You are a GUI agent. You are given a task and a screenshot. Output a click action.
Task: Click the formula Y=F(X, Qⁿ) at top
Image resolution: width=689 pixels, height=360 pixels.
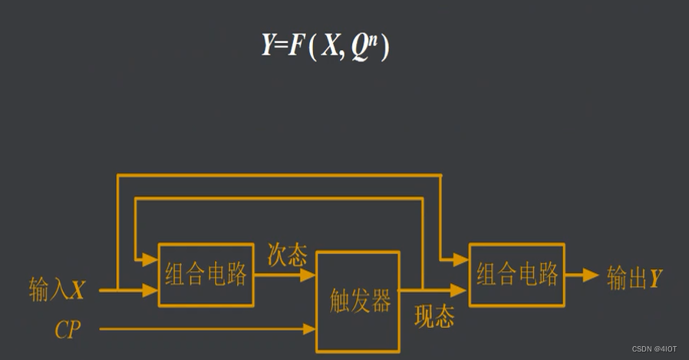click(x=325, y=47)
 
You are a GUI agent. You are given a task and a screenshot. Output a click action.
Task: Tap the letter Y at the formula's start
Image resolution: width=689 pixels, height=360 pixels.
click(x=268, y=47)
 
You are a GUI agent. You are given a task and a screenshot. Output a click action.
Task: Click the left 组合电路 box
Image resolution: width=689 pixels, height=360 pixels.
click(x=205, y=274)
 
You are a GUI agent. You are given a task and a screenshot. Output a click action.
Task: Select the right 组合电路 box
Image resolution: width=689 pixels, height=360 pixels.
click(x=516, y=274)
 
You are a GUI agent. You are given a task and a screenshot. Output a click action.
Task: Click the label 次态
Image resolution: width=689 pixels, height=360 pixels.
click(x=287, y=255)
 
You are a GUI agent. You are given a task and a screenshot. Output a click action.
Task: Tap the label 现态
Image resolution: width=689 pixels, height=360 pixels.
click(x=434, y=315)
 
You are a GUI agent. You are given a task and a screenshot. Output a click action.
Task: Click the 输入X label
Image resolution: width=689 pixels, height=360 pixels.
click(x=57, y=290)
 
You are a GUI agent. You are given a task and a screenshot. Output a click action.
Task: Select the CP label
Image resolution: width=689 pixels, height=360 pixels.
click(x=68, y=330)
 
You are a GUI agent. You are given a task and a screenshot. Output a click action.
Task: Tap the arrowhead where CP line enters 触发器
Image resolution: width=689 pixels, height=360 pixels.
click(x=310, y=329)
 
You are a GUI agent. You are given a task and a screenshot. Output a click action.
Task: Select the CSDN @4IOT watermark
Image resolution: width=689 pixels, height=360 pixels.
click(x=654, y=349)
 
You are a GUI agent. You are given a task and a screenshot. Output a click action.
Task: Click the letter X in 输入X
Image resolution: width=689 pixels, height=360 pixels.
click(x=77, y=290)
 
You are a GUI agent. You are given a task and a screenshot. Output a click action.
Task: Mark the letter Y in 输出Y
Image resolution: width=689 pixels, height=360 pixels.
click(x=654, y=278)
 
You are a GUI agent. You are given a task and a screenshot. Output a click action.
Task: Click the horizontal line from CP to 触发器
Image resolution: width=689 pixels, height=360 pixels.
click(x=199, y=329)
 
